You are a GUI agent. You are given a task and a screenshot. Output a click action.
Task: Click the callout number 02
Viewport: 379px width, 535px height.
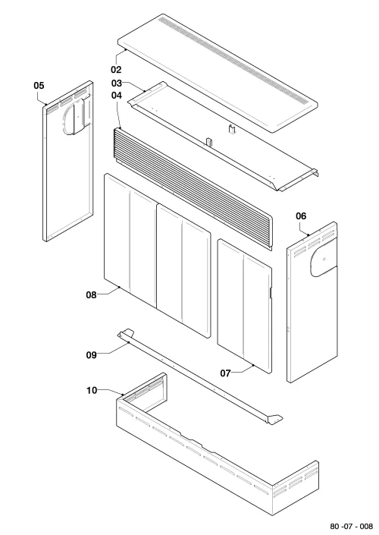[116, 70]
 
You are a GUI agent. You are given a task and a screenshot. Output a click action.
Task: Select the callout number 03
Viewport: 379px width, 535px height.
[117, 83]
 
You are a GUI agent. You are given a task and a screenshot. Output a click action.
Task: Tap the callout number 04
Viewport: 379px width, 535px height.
[117, 95]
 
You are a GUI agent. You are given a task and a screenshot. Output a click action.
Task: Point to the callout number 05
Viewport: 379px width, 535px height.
[39, 85]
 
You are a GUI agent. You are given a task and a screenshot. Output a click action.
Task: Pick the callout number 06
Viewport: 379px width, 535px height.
[301, 216]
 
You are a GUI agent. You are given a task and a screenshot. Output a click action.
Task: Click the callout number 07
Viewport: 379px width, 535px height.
[225, 373]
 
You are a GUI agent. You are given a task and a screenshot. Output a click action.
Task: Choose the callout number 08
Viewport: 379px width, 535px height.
[92, 294]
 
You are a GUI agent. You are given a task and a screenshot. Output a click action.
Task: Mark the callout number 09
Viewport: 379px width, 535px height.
[92, 355]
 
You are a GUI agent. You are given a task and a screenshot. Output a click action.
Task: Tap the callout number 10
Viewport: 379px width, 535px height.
[92, 390]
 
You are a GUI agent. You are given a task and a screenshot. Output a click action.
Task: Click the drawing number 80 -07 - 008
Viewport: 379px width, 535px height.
[352, 526]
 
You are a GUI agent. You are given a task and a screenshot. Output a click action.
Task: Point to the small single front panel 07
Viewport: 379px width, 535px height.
[244, 306]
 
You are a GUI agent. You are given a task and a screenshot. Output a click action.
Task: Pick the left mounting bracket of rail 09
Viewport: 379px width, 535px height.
[125, 333]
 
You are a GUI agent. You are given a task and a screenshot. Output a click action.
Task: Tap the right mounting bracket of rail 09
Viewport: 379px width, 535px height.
[274, 420]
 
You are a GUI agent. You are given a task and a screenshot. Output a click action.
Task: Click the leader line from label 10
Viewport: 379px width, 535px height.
[111, 392]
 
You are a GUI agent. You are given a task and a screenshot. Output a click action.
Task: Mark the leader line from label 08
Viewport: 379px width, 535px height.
[109, 291]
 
